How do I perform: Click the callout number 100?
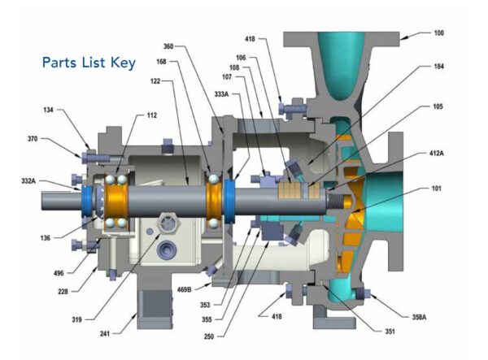pos(438,33)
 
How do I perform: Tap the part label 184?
pos(438,66)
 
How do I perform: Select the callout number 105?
pos(438,106)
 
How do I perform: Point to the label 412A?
pos(436,154)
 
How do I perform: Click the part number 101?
pos(436,188)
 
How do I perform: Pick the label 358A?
pos(419,317)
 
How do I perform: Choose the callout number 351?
pos(390,332)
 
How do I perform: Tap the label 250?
pos(209,336)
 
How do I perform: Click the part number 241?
pos(105,333)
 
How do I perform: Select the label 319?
pos(76,319)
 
